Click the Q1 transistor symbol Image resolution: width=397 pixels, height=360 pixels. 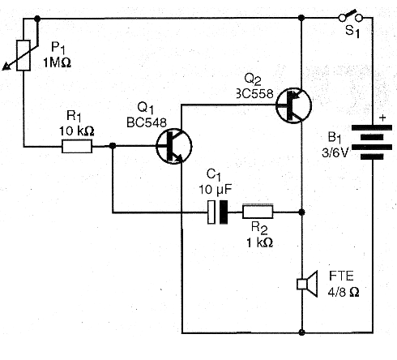click(174, 146)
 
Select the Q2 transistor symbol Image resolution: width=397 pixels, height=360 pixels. click(293, 105)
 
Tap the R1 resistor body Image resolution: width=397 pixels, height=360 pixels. click(77, 146)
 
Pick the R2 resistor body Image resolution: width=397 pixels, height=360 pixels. click(258, 212)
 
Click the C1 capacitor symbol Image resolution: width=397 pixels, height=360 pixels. click(217, 212)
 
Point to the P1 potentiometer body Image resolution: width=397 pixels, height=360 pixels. click(23, 55)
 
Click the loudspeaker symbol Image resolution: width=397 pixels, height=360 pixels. click(307, 284)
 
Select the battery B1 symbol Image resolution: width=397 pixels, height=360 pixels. click(372, 142)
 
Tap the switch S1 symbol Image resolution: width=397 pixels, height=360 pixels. click(350, 16)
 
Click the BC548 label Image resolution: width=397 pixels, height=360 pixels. click(147, 122)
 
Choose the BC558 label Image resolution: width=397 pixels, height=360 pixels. click(255, 94)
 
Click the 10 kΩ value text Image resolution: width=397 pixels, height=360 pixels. click(77, 131)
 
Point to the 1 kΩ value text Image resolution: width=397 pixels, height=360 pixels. click(259, 242)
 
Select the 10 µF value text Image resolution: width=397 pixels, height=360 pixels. click(216, 190)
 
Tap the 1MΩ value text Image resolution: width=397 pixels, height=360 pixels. click(58, 63)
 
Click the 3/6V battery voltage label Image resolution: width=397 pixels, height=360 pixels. click(335, 153)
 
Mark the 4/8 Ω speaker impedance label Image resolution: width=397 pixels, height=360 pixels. click(344, 292)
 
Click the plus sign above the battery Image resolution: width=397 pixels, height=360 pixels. click(382, 118)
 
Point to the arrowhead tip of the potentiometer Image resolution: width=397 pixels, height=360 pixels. click(2, 70)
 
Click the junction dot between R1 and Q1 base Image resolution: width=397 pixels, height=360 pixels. click(113, 146)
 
